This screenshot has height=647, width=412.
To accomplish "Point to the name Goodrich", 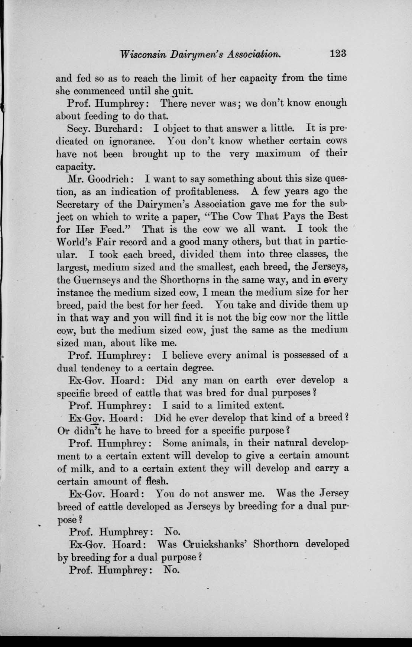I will [108, 179].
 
